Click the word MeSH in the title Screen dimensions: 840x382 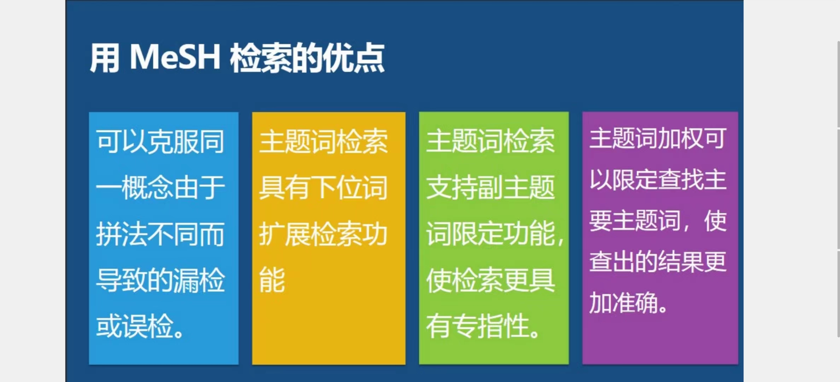coord(175,57)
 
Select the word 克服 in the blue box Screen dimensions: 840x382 coord(173,141)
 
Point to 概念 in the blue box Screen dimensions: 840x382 coord(147,187)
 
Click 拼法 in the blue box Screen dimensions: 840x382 coord(122,234)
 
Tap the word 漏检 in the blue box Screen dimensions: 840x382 coord(199,280)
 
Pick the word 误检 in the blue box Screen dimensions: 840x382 coord(147,326)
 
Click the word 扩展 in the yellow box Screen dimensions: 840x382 coord(285,234)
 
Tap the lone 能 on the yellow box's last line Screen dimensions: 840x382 coord(272,280)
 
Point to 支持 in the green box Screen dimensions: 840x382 coord(452,187)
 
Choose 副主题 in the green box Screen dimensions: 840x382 coord(516,187)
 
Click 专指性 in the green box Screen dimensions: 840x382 coord(490,326)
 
